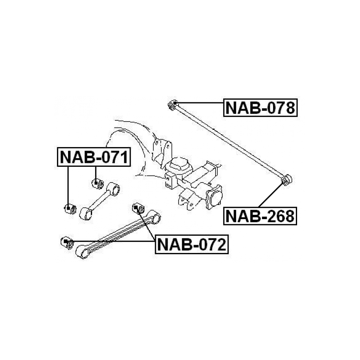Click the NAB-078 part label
[x=260, y=108]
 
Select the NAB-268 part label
[x=260, y=216]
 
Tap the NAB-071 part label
[x=94, y=157]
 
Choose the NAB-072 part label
[x=192, y=244]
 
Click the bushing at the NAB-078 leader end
[x=173, y=105]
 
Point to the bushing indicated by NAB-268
[x=286, y=180]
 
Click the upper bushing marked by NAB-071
[x=97, y=183]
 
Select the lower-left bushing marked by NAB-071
[x=70, y=209]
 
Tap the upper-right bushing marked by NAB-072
[x=138, y=208]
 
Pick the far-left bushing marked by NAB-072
[x=67, y=242]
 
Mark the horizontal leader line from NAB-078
[x=199, y=103]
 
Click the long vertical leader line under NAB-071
[x=68, y=187]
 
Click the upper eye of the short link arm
[x=113, y=189]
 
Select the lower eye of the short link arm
[x=86, y=214]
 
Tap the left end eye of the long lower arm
[x=82, y=251]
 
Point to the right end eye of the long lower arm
[x=154, y=216]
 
